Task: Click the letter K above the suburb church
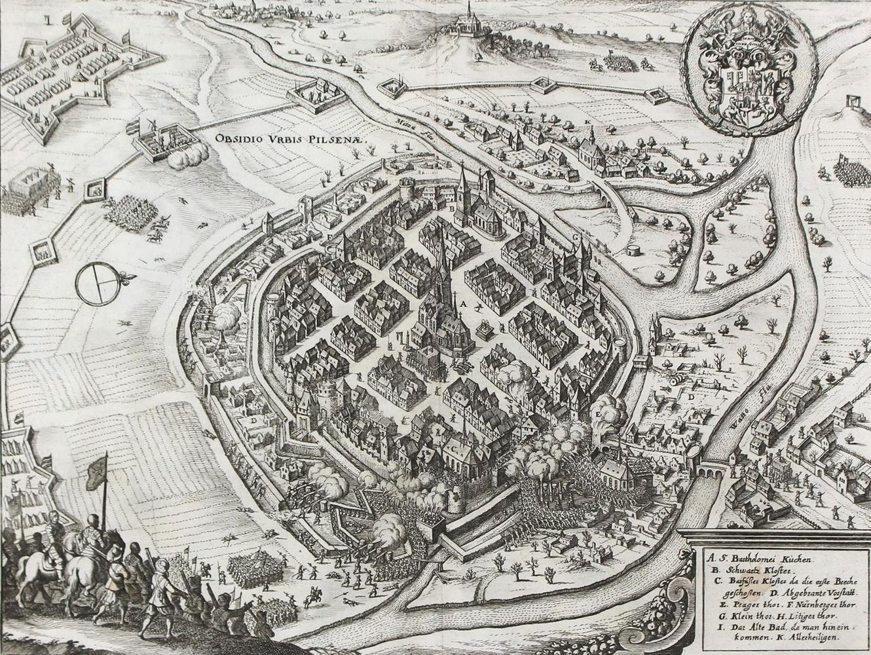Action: click(x=589, y=122)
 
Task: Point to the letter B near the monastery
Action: click(x=451, y=208)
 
